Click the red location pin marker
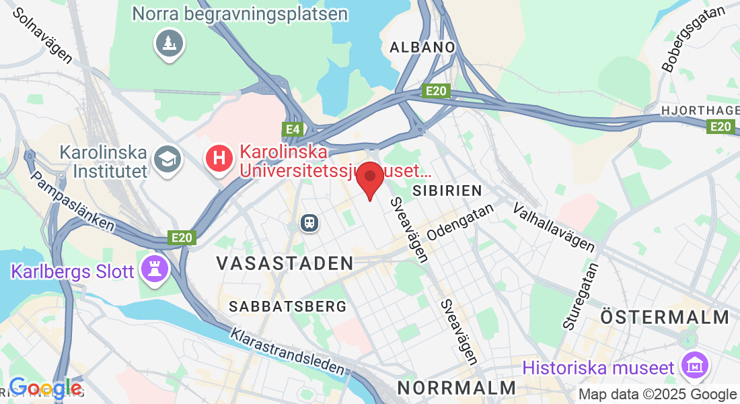pos(369,179)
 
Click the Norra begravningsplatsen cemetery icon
pos(168,44)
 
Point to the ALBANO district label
pos(423,47)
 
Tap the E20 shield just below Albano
pos(436,91)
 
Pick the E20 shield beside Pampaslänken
pos(182,237)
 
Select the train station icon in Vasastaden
pos(310,222)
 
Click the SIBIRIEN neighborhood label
pos(447,189)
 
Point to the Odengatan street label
pos(461,222)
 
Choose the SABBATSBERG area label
pos(288,306)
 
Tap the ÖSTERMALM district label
pos(665,317)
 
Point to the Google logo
pos(46,389)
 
